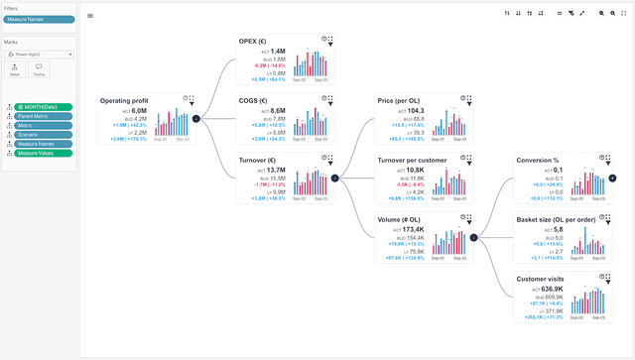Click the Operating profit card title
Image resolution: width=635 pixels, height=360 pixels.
[127, 100]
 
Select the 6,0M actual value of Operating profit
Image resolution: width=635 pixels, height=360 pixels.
[139, 111]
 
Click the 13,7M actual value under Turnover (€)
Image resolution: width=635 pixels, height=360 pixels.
[276, 171]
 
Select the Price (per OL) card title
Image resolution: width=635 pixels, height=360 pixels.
[402, 100]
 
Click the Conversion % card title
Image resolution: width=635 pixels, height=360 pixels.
[537, 159]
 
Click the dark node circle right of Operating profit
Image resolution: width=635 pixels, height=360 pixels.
[195, 119]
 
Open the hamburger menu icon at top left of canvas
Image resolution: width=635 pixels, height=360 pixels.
[91, 16]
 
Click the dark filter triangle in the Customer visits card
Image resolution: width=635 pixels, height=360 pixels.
[609, 282]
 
